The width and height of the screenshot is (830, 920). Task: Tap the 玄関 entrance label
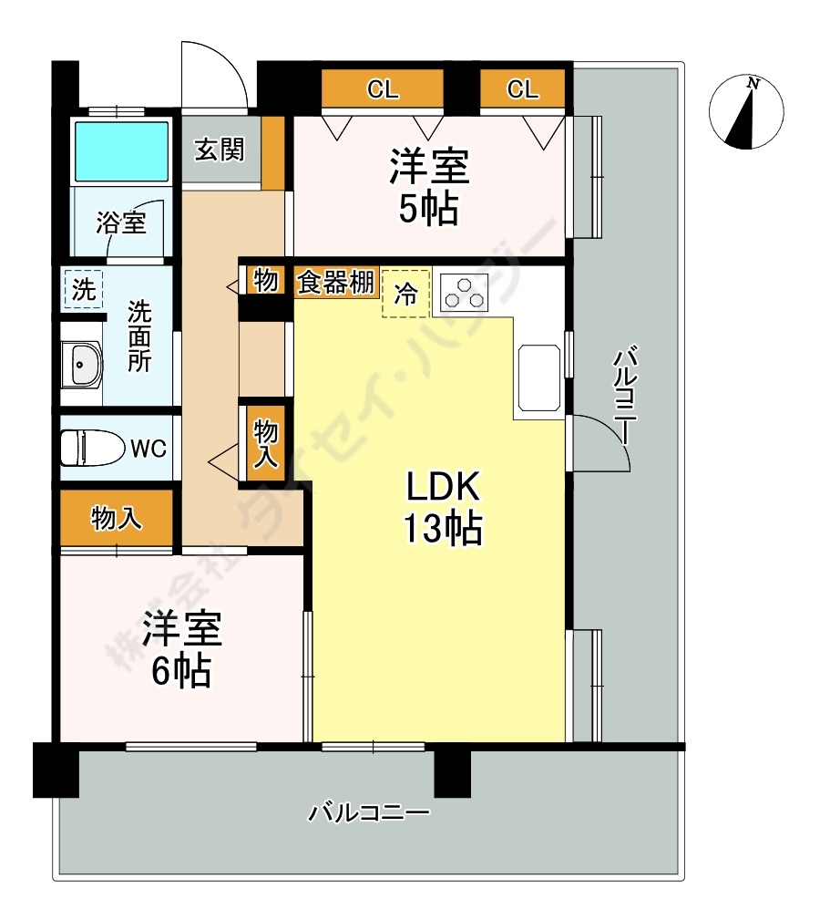coord(220,150)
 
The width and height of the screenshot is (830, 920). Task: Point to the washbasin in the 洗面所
coord(83,366)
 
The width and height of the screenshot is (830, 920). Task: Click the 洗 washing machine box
coord(84,291)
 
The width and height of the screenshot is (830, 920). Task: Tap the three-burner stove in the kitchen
coord(464,291)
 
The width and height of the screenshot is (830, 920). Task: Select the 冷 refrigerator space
coord(405,294)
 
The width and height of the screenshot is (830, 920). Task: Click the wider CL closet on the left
coord(383,89)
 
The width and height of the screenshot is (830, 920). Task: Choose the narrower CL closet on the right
coord(522,89)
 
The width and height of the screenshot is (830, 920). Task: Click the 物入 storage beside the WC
coord(117,519)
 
